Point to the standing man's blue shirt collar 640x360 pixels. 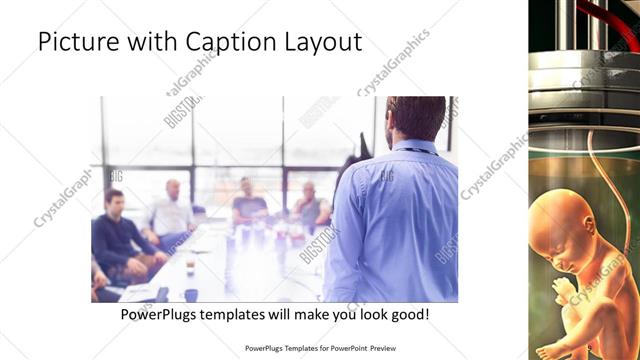click(x=412, y=147)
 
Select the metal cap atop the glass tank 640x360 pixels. click(x=584, y=75)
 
